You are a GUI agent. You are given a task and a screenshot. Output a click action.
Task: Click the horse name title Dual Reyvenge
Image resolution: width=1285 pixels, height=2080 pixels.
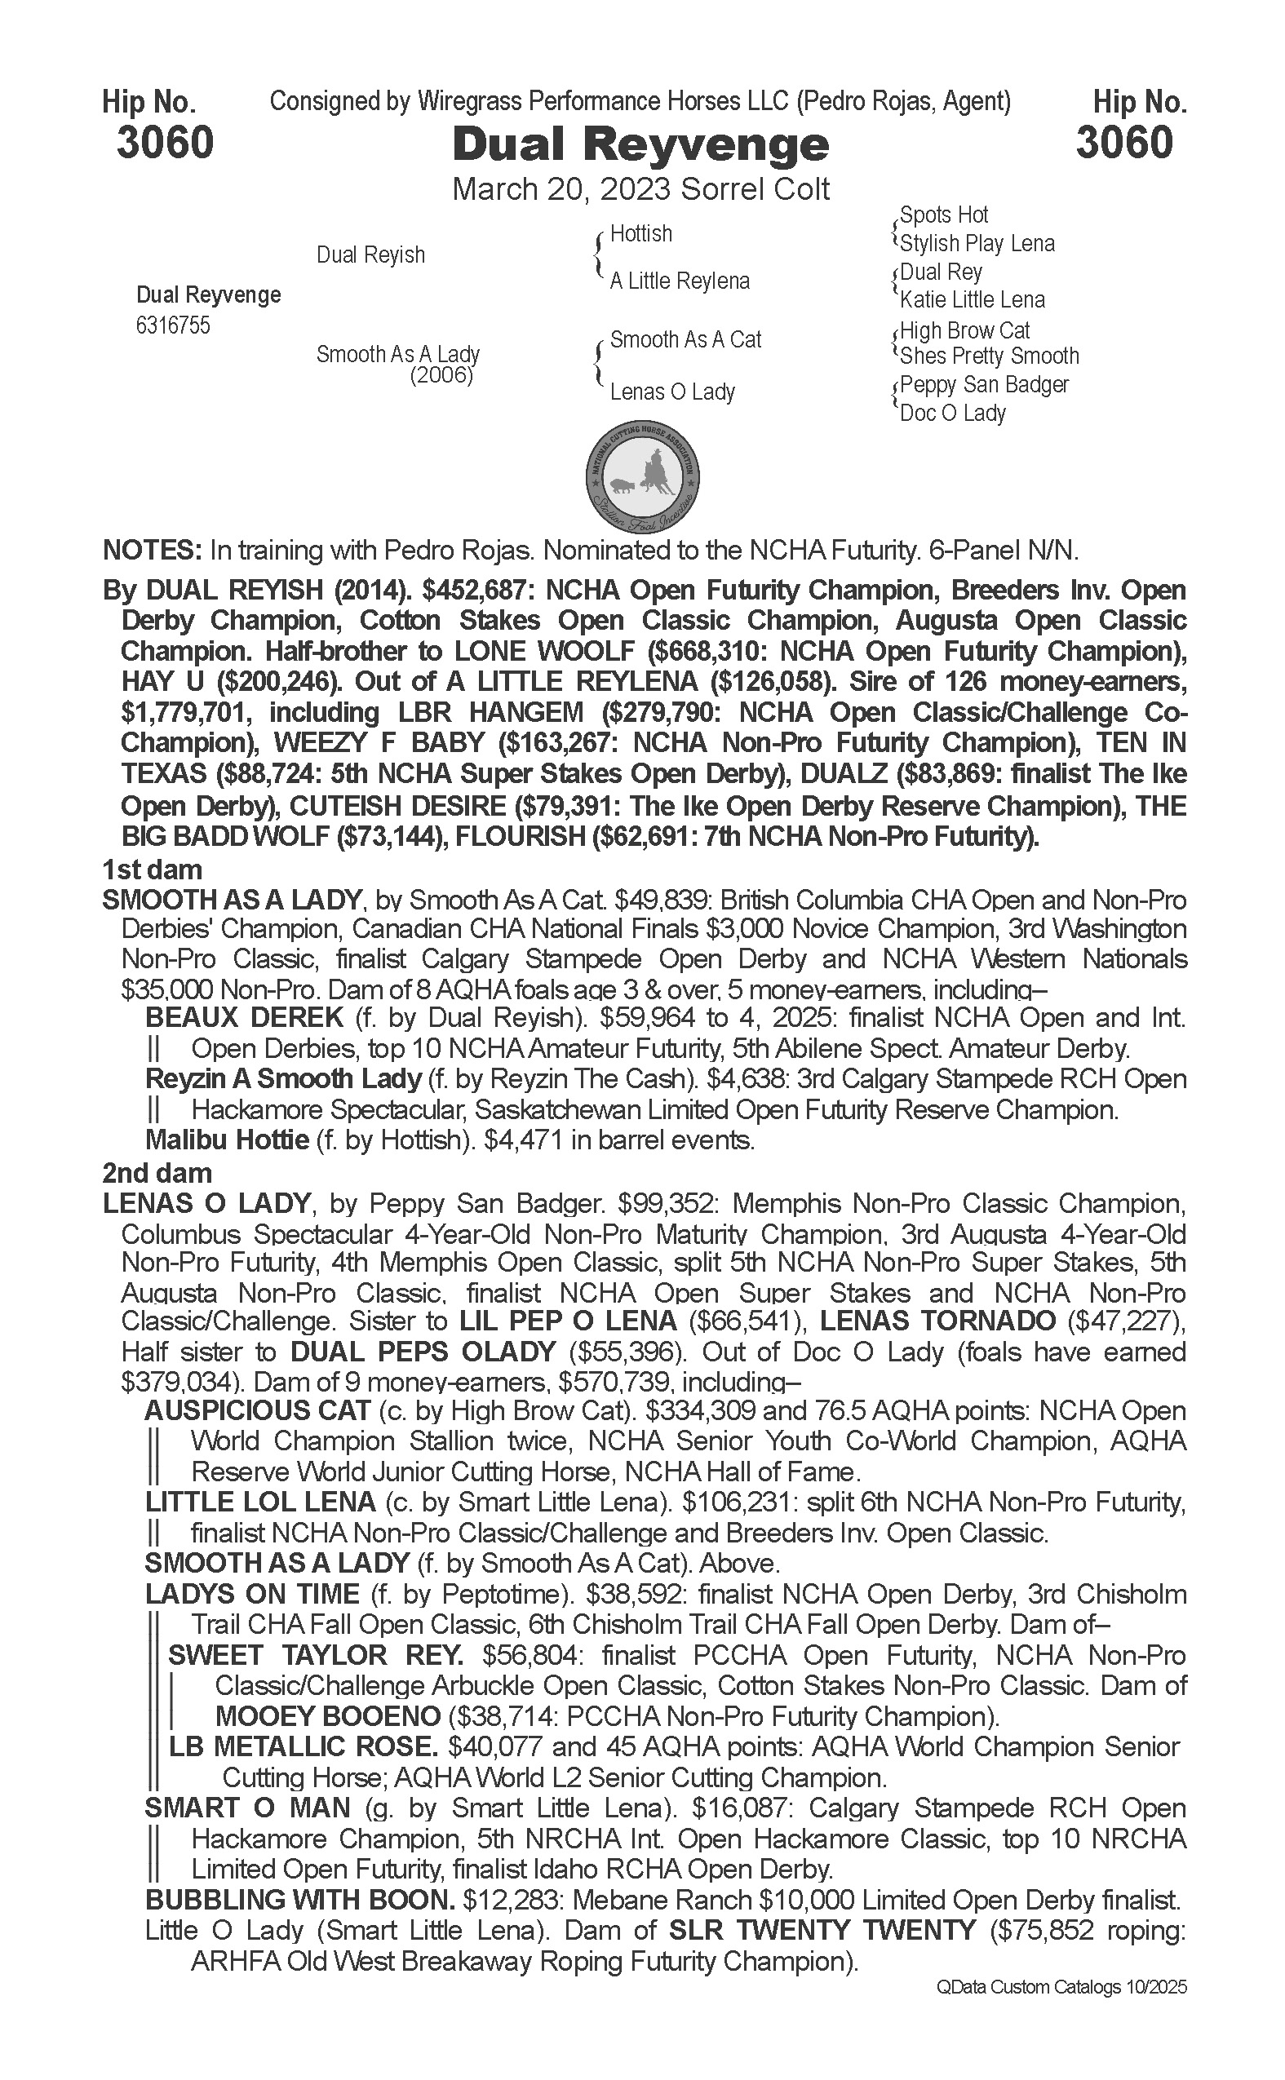(640, 144)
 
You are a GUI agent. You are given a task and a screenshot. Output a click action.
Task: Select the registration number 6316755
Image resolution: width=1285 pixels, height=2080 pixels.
(172, 326)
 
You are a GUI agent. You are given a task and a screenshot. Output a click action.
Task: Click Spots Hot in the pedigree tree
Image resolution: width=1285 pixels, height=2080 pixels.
(943, 215)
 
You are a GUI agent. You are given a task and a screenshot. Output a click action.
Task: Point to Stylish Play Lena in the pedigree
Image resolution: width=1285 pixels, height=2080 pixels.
(977, 244)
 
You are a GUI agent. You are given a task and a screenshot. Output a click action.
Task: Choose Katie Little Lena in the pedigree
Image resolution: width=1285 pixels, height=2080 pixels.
(973, 300)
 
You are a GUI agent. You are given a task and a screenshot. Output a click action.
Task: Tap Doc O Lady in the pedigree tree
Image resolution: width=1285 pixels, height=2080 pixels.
(953, 414)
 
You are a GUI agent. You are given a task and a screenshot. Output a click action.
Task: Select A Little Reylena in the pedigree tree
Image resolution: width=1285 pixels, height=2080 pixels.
(679, 281)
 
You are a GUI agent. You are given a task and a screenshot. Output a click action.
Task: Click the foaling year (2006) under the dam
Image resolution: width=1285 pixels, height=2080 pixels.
(441, 374)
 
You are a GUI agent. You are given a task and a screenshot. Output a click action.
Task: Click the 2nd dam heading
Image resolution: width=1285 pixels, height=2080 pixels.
(157, 1173)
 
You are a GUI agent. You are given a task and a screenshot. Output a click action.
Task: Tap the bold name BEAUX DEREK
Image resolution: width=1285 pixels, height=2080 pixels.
(245, 1017)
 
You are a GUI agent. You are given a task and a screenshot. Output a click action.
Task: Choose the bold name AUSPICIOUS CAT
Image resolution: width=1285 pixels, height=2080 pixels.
(258, 1410)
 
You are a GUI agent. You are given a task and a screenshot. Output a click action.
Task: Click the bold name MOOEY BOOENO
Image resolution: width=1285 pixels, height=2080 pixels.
(328, 1715)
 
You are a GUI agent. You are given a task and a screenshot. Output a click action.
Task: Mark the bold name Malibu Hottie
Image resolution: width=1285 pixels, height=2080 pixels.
(227, 1140)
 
